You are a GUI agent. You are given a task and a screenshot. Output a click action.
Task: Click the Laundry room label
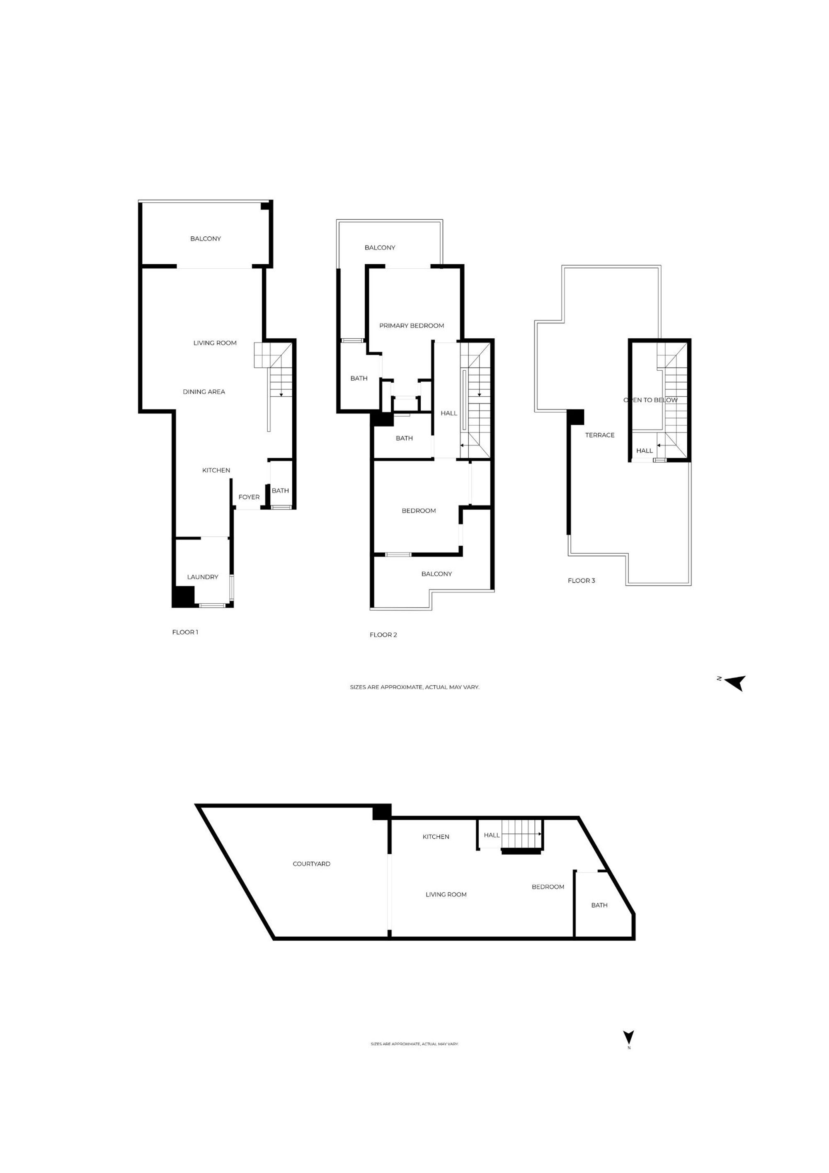pyautogui.click(x=202, y=577)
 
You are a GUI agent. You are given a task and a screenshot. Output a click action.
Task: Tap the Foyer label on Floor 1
pyautogui.click(x=249, y=497)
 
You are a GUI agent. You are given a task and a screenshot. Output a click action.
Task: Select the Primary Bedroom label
pyautogui.click(x=411, y=325)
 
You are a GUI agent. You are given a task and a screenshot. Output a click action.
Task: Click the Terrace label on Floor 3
pyautogui.click(x=600, y=435)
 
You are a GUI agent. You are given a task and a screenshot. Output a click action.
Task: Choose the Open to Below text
pyautogui.click(x=650, y=400)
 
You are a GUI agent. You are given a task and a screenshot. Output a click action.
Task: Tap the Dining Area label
pyautogui.click(x=204, y=392)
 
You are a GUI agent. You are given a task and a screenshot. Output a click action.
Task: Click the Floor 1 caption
pyautogui.click(x=185, y=632)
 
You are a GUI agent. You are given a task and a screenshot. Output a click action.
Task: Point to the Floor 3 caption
pyautogui.click(x=581, y=580)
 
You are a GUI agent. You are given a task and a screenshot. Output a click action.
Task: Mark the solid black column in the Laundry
pyautogui.click(x=183, y=596)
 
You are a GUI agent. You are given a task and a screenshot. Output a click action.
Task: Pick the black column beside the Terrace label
pyautogui.click(x=576, y=417)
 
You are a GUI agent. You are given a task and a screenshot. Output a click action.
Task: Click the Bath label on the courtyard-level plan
pyautogui.click(x=599, y=905)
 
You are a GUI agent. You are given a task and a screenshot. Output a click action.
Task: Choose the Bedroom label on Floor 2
pyautogui.click(x=418, y=510)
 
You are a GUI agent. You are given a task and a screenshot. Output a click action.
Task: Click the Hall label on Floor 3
pyautogui.click(x=644, y=451)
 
